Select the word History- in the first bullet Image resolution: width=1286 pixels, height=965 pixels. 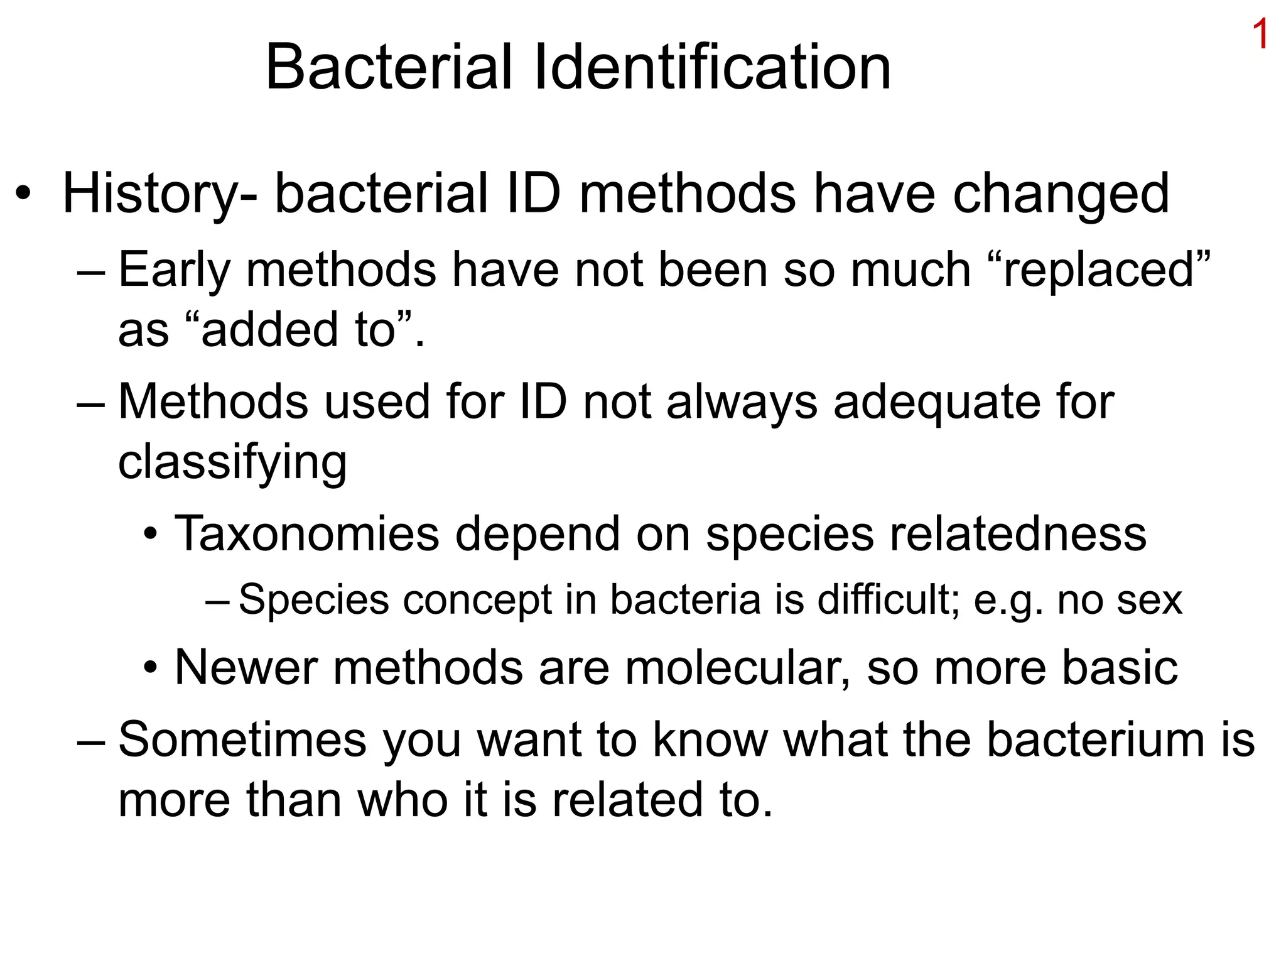pos(159,194)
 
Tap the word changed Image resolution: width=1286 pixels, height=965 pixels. pos(1061,194)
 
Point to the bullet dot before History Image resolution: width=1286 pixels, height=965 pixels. pos(23,194)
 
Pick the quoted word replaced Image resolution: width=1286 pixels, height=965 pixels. pos(1098,269)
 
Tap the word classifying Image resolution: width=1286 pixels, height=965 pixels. pos(232,462)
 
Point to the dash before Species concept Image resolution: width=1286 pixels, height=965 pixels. pos(218,600)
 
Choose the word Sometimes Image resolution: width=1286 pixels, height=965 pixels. pos(242,739)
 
